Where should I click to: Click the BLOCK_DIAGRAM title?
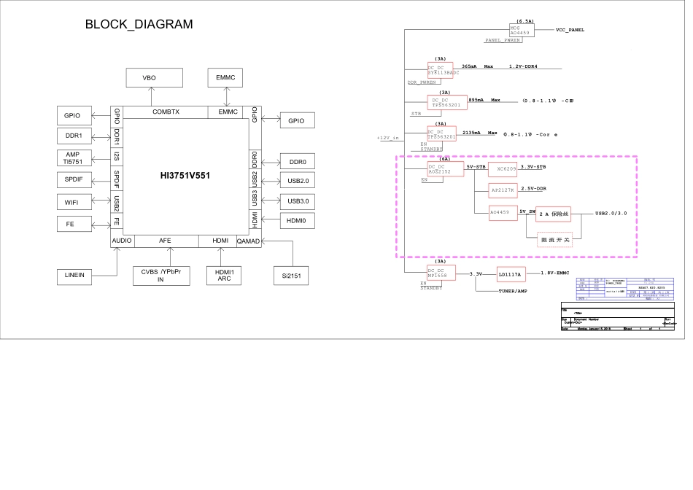tap(139, 25)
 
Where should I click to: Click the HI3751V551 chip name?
tap(185, 176)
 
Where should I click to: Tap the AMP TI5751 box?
tap(72, 158)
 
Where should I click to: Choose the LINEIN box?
tap(75, 276)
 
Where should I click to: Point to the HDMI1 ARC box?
tap(225, 275)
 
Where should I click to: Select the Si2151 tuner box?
tap(291, 276)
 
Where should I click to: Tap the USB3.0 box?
tap(297, 201)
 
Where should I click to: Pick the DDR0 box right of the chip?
tap(297, 162)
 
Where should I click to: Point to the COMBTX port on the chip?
tap(166, 112)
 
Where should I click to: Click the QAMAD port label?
tap(248, 241)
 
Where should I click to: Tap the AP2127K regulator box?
tap(503, 190)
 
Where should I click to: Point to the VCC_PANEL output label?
tap(570, 30)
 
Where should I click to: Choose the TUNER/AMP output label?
tap(514, 291)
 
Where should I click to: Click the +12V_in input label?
tap(388, 137)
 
